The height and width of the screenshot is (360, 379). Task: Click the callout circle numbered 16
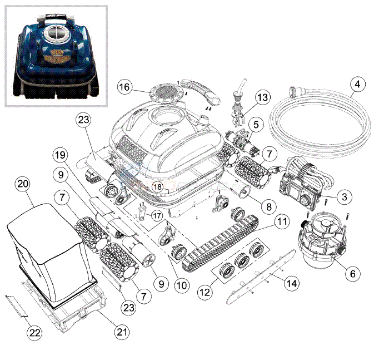pos(125,87)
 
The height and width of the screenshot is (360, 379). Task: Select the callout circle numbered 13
pos(262,97)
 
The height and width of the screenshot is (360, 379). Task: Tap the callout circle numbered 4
pos(358,85)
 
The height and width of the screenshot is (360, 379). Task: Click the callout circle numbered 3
pos(345,196)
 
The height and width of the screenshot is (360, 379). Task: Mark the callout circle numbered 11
pos(283,222)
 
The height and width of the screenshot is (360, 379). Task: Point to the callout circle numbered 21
pos(122,332)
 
